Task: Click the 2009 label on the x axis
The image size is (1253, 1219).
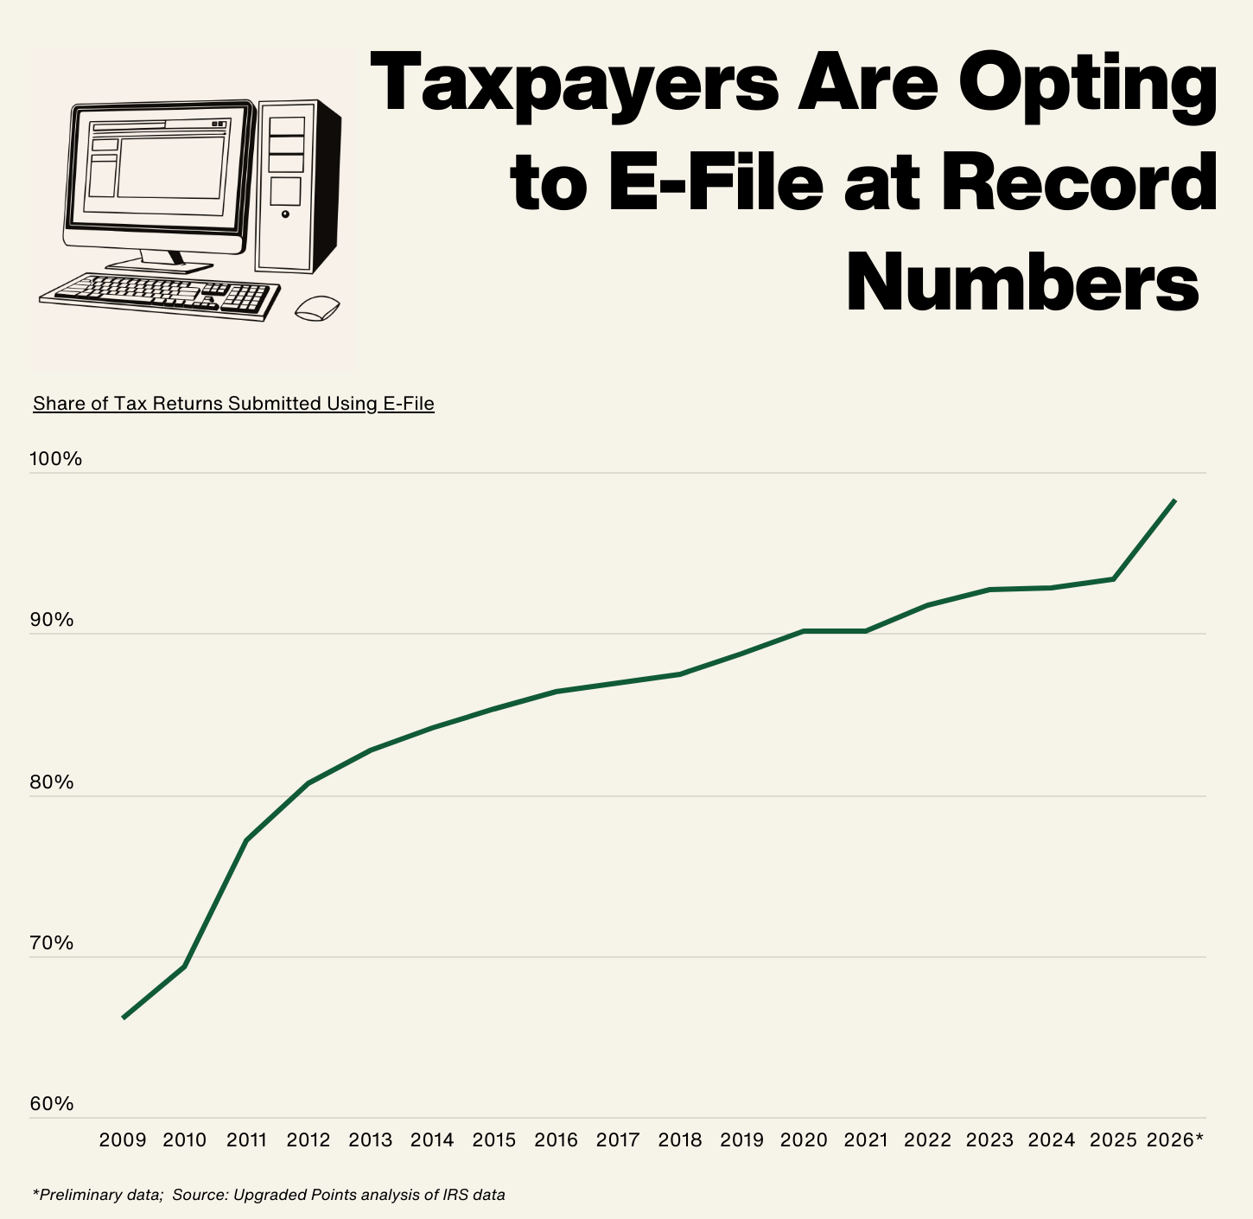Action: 123,1140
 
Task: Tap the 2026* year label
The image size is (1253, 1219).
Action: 1174,1140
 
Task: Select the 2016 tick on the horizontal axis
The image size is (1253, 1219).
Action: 556,1140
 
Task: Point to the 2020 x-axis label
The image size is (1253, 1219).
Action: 804,1140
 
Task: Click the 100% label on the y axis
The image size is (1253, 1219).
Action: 56,459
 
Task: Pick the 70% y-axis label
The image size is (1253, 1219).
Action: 52,943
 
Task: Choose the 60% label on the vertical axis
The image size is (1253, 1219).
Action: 52,1105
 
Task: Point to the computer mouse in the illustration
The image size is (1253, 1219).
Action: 317,308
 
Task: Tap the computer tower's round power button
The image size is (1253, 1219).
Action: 286,214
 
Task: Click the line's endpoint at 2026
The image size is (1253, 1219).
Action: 1174,501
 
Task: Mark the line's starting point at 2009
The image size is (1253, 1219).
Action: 124,1018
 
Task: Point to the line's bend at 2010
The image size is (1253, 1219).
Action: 185,966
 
